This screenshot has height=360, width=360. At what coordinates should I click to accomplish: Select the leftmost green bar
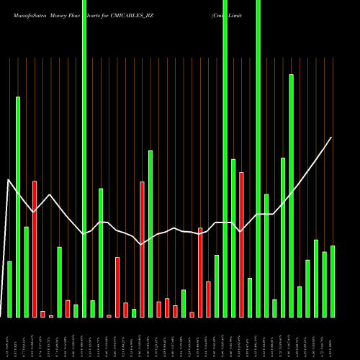coord(9,289)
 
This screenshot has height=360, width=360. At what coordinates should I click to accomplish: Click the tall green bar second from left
coord(18,207)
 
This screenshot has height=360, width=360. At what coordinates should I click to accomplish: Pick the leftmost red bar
coord(35,248)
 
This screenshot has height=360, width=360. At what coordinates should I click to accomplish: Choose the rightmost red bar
coord(241,245)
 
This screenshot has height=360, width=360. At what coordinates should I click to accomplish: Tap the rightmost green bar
coord(333,281)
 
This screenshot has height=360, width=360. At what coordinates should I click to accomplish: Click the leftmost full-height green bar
coord(84,158)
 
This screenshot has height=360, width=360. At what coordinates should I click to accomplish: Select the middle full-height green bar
coord(225,158)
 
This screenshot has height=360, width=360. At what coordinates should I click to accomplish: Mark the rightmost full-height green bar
coord(258,158)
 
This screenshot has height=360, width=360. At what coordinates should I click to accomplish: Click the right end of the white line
coord(332,137)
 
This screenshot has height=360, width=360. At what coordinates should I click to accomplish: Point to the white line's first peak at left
coord(9,180)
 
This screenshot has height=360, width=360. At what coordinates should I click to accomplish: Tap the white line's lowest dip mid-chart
coord(142,245)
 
